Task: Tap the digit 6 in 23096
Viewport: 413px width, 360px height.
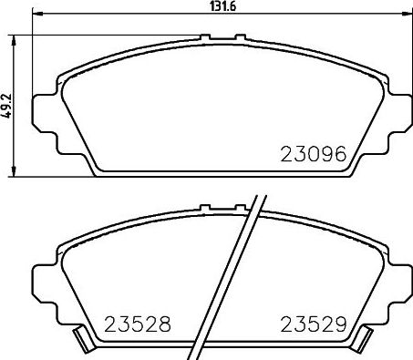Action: pos(341,154)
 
